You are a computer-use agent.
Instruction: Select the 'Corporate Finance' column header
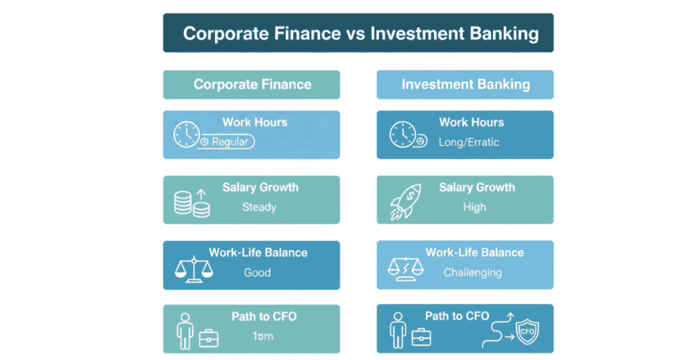tap(252, 85)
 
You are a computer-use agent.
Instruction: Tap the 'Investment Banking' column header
tap(466, 85)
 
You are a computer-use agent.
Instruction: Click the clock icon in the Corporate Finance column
tap(186, 134)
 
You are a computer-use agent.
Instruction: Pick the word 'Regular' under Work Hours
tap(230, 142)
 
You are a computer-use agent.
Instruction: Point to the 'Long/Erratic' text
tap(469, 142)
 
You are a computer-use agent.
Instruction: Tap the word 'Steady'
tap(259, 207)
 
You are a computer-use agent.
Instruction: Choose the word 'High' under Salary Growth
tap(474, 207)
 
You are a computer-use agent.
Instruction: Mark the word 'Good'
tap(257, 273)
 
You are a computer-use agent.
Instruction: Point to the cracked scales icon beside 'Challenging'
tap(406, 267)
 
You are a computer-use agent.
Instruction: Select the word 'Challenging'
tap(472, 273)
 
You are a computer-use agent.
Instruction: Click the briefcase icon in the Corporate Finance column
tap(208, 338)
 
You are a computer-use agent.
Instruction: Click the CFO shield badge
tap(526, 331)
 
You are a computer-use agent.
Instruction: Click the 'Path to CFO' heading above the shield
tap(457, 316)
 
